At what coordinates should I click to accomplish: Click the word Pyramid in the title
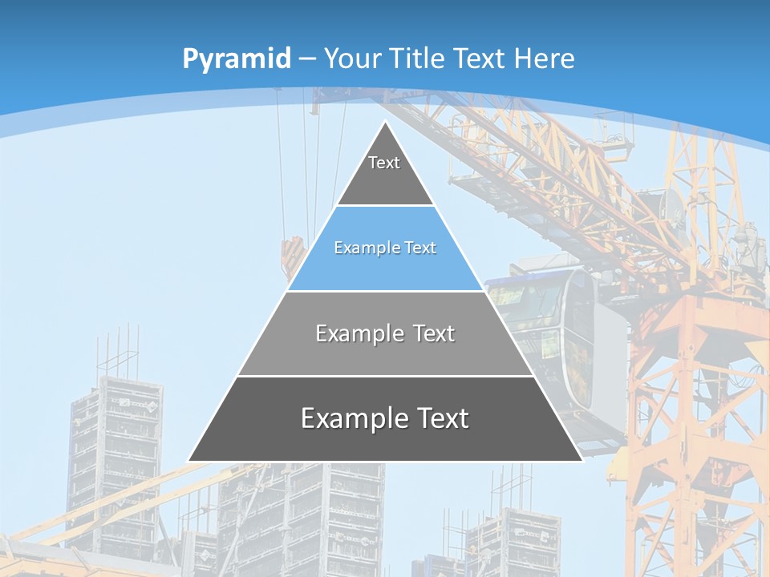pos(236,59)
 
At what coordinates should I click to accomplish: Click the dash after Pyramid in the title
pos(306,59)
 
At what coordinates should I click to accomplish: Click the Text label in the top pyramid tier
pos(384,163)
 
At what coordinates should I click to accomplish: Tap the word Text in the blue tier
pos(420,248)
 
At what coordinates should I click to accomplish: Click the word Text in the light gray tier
pos(435,333)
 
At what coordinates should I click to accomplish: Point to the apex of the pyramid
pos(386,123)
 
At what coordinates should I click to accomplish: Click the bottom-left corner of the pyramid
pos(189,461)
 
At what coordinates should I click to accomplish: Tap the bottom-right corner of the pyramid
pos(582,461)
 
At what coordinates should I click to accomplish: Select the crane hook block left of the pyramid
pos(291,256)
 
